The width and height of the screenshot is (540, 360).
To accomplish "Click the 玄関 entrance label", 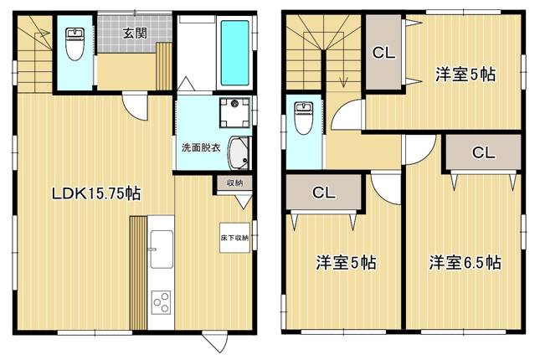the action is click(x=135, y=33).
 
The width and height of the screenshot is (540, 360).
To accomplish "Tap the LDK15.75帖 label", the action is click(x=96, y=193).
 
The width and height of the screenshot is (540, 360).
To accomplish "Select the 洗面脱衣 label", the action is click(x=201, y=148).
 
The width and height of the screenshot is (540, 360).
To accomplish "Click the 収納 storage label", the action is click(x=234, y=183).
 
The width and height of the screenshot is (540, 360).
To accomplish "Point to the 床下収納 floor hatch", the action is click(x=234, y=238).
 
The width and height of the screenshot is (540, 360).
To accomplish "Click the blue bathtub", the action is click(x=234, y=53).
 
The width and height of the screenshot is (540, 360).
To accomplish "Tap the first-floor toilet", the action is click(x=75, y=44).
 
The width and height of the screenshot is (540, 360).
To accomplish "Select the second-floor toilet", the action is click(x=303, y=118).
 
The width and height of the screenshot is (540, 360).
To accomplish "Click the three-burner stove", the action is click(x=162, y=302).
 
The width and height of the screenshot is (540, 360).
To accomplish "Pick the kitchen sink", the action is click(x=162, y=249).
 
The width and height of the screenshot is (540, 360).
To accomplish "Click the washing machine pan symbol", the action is click(x=235, y=113).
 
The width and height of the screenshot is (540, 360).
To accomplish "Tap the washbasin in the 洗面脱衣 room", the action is click(x=239, y=153).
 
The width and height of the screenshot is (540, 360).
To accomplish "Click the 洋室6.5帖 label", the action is click(x=465, y=263).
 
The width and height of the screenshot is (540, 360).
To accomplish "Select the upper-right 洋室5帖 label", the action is click(x=465, y=74).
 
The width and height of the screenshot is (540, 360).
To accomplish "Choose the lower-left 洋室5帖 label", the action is click(x=346, y=263).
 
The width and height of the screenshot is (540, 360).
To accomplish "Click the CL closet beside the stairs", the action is click(x=383, y=53).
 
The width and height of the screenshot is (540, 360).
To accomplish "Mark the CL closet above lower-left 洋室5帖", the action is click(x=324, y=193).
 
